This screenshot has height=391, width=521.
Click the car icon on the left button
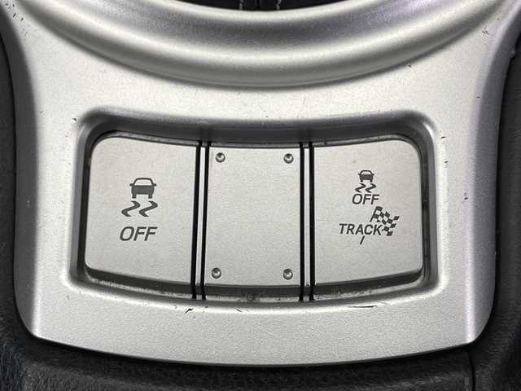[x=143, y=188]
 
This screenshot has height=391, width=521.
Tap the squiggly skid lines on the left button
[x=140, y=209]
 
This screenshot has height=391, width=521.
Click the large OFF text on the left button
[x=138, y=234]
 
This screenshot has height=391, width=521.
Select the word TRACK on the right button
[x=361, y=230]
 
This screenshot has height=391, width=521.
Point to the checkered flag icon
[x=385, y=221]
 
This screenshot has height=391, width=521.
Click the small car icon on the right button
[x=366, y=176]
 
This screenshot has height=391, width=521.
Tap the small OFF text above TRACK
[x=366, y=199]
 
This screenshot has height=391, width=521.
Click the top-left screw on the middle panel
[x=220, y=157]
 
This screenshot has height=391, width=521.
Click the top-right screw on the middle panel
[x=288, y=159]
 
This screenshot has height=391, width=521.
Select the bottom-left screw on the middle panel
[x=217, y=273]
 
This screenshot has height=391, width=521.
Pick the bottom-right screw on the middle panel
[x=287, y=275]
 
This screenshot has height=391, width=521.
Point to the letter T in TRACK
[x=343, y=228]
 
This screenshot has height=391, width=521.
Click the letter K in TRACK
[x=378, y=230]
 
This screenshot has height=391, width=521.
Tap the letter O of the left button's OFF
[x=126, y=234]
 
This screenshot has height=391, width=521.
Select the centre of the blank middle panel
[x=253, y=215]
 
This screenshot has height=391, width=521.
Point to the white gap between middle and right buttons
[x=307, y=220]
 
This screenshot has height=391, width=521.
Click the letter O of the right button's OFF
[x=357, y=199]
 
